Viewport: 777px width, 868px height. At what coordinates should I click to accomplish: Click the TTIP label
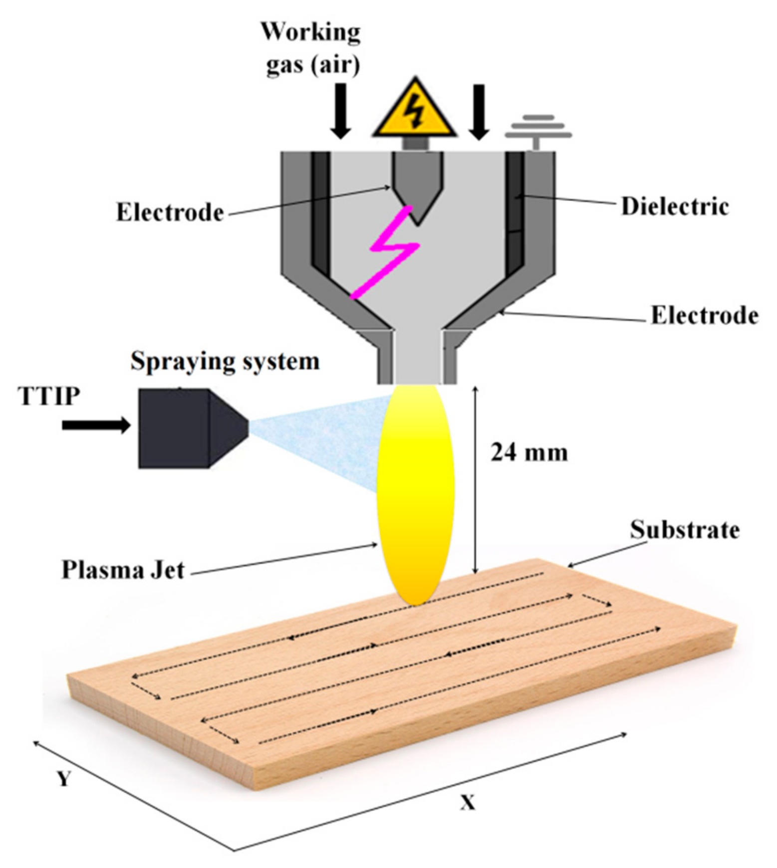49,397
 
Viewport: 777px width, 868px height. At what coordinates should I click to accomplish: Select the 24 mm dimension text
529,453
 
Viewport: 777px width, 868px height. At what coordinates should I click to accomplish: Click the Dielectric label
675,206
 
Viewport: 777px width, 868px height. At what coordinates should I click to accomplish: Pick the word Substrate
685,530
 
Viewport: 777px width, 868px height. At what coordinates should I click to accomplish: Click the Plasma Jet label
123,570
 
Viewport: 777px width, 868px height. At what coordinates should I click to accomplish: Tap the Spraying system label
225,361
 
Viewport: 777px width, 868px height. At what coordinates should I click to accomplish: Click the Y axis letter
63,778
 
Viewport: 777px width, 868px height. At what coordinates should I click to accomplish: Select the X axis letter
468,803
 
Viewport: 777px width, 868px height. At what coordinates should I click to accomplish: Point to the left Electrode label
170,213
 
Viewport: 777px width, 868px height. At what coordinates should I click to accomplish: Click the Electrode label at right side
704,316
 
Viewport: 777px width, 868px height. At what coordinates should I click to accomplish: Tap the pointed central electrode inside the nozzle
417,185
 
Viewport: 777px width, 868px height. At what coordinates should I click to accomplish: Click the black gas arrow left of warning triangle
341,111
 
